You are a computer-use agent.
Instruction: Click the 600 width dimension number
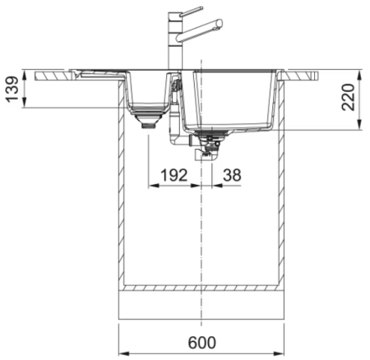point(202,342)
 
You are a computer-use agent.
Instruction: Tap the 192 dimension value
point(173,175)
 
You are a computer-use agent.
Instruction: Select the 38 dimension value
point(232,175)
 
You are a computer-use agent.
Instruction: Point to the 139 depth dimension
point(12,90)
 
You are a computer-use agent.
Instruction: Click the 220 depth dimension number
point(348,97)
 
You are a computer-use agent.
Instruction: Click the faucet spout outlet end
point(219,23)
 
